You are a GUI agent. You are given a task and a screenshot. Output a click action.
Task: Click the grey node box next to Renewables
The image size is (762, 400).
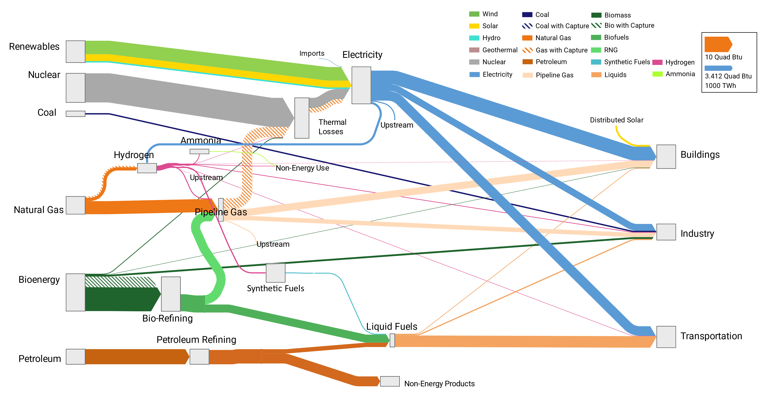click(x=75, y=52)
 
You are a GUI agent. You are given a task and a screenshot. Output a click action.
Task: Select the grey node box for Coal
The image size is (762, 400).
click(x=75, y=114)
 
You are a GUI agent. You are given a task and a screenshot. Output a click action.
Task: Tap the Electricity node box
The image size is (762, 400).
click(x=361, y=85)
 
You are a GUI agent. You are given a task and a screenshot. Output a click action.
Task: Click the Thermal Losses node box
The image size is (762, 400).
click(x=302, y=118)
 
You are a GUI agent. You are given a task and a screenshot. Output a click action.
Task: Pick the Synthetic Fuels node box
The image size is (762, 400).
click(x=275, y=273)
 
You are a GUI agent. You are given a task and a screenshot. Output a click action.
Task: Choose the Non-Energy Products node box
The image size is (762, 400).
click(x=390, y=381)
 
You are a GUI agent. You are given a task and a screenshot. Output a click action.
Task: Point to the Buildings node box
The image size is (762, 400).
click(x=666, y=157)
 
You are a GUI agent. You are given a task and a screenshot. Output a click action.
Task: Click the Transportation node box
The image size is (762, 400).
click(x=666, y=337)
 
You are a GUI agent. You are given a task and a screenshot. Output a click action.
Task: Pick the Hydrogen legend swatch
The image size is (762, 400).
click(x=657, y=62)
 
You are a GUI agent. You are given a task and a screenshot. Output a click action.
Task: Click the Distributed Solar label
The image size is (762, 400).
click(x=616, y=120)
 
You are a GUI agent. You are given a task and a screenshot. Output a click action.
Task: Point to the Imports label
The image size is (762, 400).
click(x=312, y=54)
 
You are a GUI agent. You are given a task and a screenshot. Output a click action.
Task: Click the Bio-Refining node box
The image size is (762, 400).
click(x=171, y=294)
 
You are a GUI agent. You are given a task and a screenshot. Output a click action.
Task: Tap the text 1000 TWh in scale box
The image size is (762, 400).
click(x=720, y=86)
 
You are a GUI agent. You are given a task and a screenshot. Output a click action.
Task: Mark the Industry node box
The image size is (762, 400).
click(x=666, y=232)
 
